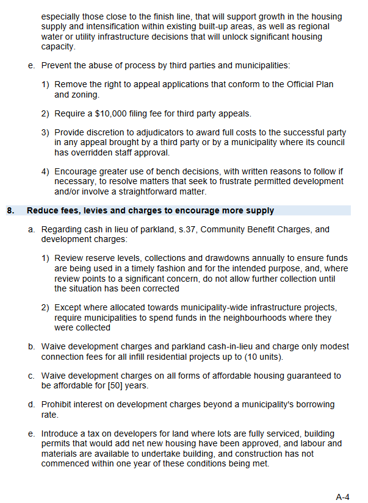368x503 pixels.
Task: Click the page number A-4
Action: click(x=342, y=496)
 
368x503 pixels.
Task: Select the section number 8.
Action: click(x=10, y=211)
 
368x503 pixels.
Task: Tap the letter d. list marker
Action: click(x=31, y=404)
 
